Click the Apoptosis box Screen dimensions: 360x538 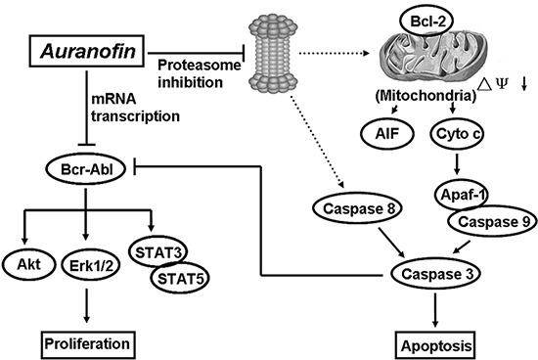[433, 345]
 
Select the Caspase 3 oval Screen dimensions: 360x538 [433, 275]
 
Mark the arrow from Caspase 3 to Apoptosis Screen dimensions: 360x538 [433, 311]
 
